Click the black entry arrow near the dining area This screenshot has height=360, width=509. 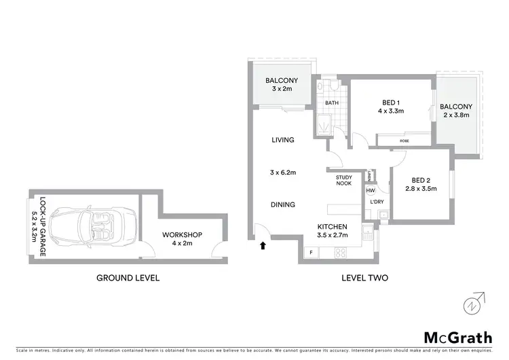pos(262,246)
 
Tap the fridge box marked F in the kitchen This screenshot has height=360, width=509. pos(312,253)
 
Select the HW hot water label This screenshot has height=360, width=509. pos(370,191)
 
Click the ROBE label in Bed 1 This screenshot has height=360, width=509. pos(404,141)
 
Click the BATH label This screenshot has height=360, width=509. pos(331,103)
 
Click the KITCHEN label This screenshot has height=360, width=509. pos(333,226)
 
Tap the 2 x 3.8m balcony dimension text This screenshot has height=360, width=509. pos(455,115)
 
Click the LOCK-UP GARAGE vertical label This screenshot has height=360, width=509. pos(42,227)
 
